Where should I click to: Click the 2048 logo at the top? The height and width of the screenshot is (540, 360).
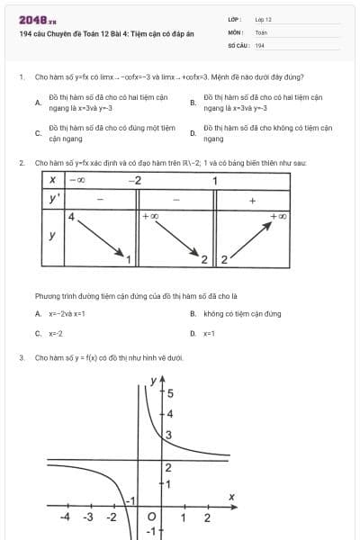(37, 20)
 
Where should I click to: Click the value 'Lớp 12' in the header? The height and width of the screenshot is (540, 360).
(263, 19)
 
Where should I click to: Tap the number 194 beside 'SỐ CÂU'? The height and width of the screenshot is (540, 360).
(259, 44)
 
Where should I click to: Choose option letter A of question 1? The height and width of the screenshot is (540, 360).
(37, 103)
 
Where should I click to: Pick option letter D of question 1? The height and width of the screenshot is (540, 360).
(193, 134)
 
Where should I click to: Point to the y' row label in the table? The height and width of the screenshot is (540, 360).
(54, 199)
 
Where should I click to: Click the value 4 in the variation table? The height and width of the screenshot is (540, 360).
(70, 216)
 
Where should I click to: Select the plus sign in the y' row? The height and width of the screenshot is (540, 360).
(252, 199)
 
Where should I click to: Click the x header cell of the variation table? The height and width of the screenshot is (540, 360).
(53, 181)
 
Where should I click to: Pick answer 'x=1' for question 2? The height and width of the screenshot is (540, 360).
(209, 333)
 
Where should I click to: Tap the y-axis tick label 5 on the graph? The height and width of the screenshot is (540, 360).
(170, 393)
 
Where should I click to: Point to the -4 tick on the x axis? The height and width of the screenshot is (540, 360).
(66, 517)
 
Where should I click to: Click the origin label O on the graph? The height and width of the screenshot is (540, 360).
(150, 517)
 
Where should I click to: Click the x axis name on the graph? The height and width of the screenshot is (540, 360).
(231, 497)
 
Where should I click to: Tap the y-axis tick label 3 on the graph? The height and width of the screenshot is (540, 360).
(167, 435)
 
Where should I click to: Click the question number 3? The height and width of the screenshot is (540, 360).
(21, 357)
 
